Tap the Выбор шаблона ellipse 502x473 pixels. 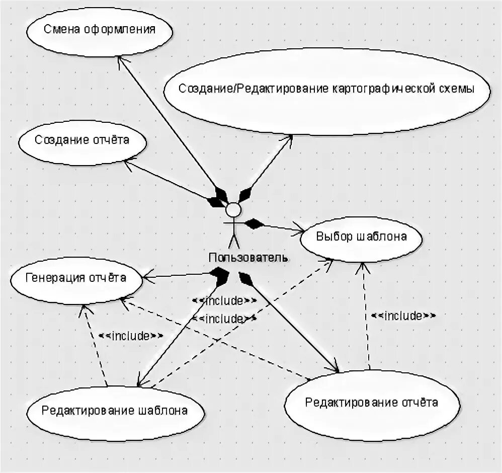click(361, 236)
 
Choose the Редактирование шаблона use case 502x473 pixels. click(115, 411)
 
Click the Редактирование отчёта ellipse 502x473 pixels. click(372, 403)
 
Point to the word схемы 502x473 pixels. click(457, 89)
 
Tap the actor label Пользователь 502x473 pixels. click(248, 258)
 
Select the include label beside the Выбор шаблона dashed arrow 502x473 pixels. click(403, 316)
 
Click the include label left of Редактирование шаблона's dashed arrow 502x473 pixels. click(131, 336)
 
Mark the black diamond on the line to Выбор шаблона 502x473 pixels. click(255, 223)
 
